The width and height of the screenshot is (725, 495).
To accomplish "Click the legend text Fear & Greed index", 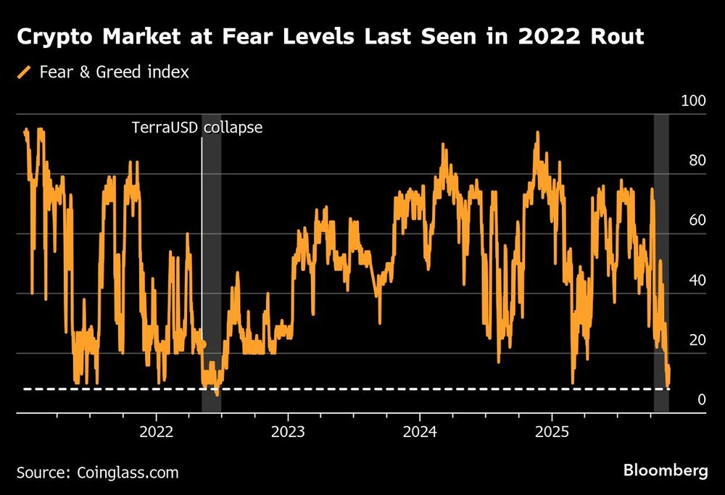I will (115, 72).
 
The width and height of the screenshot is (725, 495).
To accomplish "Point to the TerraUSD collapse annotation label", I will (196, 128).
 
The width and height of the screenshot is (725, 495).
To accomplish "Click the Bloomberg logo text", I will (666, 471).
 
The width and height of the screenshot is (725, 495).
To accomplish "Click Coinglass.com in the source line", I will (127, 473).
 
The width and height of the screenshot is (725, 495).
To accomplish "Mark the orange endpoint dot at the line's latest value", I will (668, 370).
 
